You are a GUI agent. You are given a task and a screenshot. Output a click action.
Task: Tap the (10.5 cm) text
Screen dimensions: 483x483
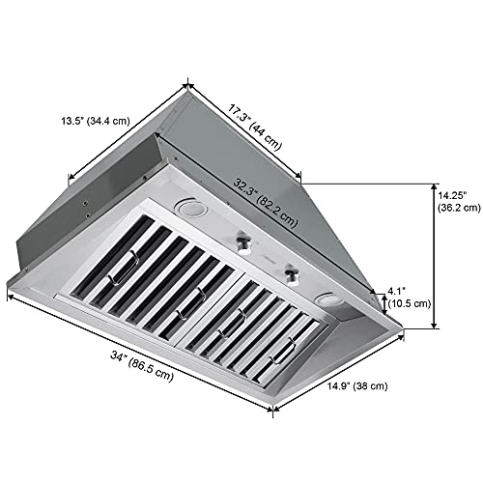tap(408, 302)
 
